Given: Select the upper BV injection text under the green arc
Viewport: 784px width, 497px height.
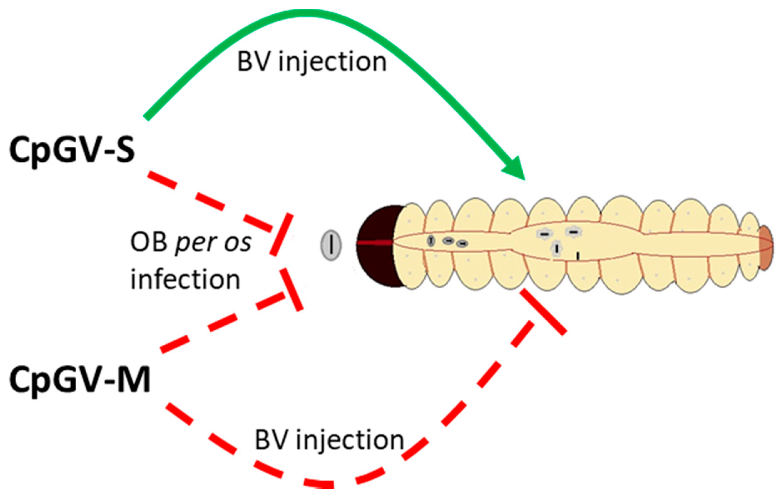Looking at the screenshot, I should pyautogui.click(x=312, y=62).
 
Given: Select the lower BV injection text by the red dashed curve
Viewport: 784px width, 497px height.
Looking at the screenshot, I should pyautogui.click(x=329, y=441).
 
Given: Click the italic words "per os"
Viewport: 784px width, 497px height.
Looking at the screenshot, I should pyautogui.click(x=213, y=242).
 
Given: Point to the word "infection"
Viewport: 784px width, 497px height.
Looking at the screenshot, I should pyautogui.click(x=185, y=280).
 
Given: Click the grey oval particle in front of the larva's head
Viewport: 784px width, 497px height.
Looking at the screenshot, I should pyautogui.click(x=331, y=246).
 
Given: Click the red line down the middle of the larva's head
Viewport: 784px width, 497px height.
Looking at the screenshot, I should pyautogui.click(x=374, y=243).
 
